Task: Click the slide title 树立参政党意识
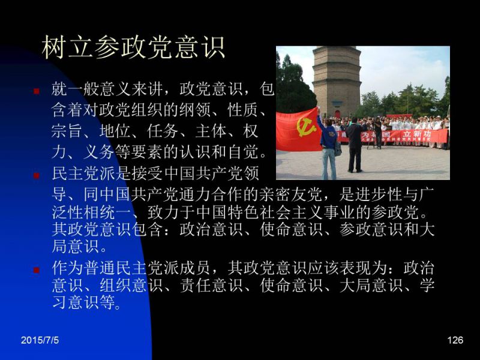point(133,47)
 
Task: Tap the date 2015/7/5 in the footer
point(40,340)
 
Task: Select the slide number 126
point(455,340)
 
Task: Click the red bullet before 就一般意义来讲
point(37,91)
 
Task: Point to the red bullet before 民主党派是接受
point(37,175)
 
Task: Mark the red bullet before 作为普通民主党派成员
point(37,270)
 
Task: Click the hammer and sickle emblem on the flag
point(306,127)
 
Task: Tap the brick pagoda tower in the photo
point(337,81)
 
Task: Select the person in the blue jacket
point(328,144)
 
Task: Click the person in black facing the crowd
point(355,145)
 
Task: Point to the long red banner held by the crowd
point(392,136)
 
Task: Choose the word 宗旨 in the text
point(67,131)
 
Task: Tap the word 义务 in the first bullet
point(99,152)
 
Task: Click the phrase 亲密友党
point(291,194)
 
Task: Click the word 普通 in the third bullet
point(99,268)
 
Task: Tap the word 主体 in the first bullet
point(211,131)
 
